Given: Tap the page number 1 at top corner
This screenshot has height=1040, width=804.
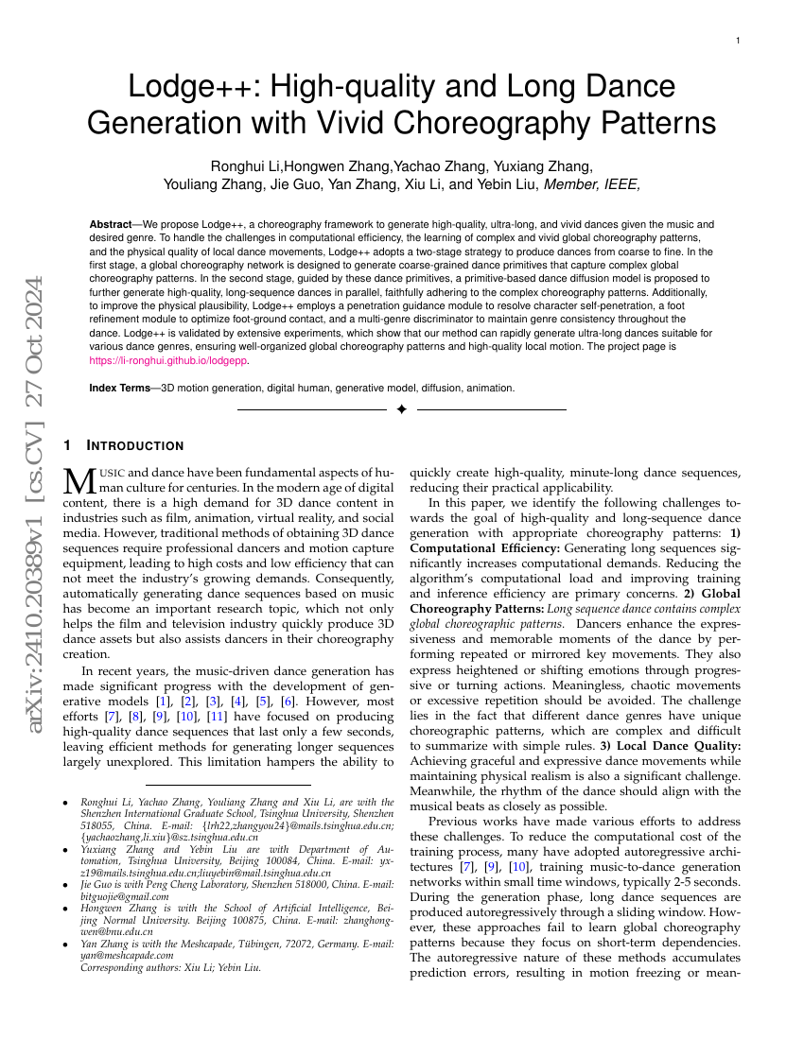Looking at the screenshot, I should pyautogui.click(x=738, y=41).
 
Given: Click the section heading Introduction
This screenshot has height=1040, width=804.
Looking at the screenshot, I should pyautogui.click(x=134, y=445).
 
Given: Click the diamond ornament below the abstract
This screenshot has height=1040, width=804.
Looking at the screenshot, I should pyautogui.click(x=401, y=409).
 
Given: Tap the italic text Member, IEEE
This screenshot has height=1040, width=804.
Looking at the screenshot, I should pyautogui.click(x=592, y=184).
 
